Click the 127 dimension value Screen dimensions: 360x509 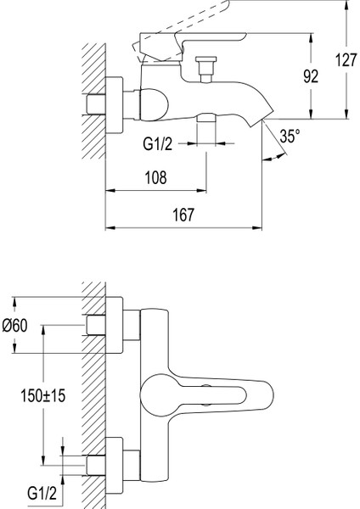click(x=346, y=59)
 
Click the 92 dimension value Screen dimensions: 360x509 click(x=311, y=76)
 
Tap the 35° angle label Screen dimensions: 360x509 click(x=290, y=136)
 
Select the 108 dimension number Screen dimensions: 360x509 click(x=156, y=177)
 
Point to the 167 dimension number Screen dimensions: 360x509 click(x=183, y=215)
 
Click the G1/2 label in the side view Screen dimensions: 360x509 click(x=158, y=143)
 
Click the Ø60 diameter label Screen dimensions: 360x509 click(x=15, y=325)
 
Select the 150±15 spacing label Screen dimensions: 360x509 click(x=43, y=395)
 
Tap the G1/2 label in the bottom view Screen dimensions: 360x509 click(x=42, y=494)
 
